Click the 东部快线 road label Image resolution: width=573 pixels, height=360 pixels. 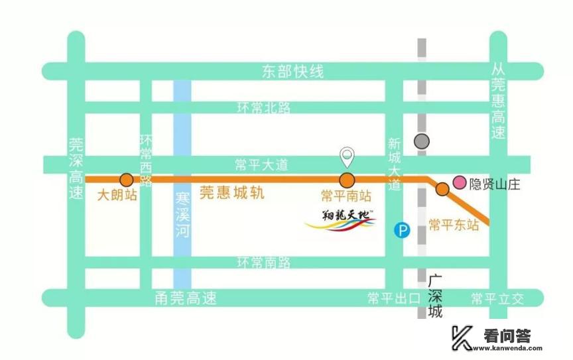click(292, 72)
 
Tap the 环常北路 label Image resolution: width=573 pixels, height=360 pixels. click(264, 107)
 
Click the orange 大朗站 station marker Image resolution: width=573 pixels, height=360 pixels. click(126, 180)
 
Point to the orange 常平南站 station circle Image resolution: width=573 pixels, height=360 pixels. click(346, 180)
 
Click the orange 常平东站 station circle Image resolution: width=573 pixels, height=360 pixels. click(442, 190)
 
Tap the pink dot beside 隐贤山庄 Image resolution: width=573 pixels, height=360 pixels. click(459, 182)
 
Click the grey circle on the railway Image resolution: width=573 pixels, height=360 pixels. click(421, 141)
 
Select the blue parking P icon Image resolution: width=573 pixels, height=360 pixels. click(402, 230)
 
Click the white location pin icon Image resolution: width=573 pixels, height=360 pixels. click(347, 156)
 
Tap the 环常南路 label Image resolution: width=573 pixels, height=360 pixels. click(264, 263)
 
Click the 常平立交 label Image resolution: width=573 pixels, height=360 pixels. click(497, 298)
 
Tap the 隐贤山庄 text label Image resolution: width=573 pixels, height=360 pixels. click(495, 184)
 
